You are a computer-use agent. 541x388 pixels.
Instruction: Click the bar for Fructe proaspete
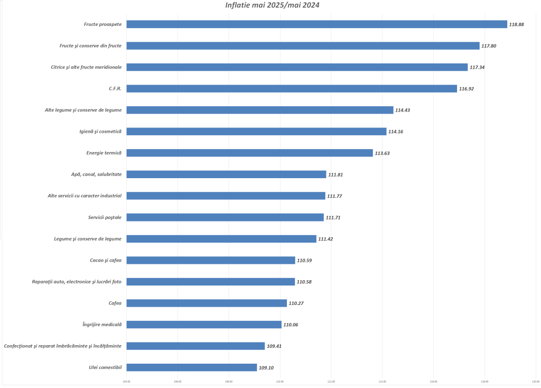click(316, 24)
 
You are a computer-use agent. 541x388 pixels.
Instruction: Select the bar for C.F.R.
click(292, 89)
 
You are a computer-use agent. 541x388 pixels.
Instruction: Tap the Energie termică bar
click(249, 153)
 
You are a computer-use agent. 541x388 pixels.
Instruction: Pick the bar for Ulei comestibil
click(192, 367)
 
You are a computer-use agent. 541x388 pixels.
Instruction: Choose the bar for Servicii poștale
click(225, 217)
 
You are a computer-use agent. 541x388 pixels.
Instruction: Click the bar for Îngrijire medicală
click(204, 325)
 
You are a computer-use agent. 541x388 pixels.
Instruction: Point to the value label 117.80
click(489, 46)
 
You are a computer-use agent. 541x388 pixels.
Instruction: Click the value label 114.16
click(396, 132)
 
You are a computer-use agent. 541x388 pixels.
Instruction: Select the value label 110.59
click(304, 261)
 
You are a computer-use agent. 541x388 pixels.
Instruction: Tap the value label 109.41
click(274, 346)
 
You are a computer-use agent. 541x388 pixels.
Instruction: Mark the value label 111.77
click(334, 196)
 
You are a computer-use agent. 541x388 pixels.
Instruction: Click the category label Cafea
click(115, 303)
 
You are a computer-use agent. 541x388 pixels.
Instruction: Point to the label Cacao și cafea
click(106, 260)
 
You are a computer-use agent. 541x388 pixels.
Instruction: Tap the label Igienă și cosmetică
click(100, 132)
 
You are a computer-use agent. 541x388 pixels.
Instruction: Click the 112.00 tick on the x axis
click(331, 381)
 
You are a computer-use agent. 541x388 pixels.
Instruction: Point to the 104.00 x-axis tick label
click(127, 381)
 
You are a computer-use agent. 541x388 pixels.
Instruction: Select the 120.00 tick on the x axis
click(535, 381)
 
